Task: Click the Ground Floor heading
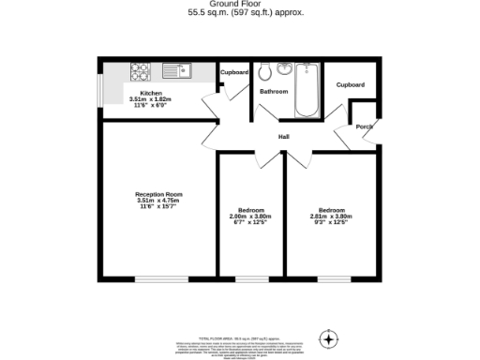(x=240, y=5)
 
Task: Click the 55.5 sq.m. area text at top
(x=240, y=14)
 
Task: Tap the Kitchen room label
(x=152, y=94)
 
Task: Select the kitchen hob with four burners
(x=142, y=68)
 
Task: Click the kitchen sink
(x=174, y=68)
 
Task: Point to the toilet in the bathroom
(x=264, y=70)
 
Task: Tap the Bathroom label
(x=274, y=92)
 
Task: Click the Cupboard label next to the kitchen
(x=234, y=72)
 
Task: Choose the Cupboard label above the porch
(x=351, y=84)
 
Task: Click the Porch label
(x=364, y=127)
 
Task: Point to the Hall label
(x=283, y=138)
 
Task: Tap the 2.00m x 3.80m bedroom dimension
(x=250, y=217)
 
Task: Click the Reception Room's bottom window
(x=155, y=278)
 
